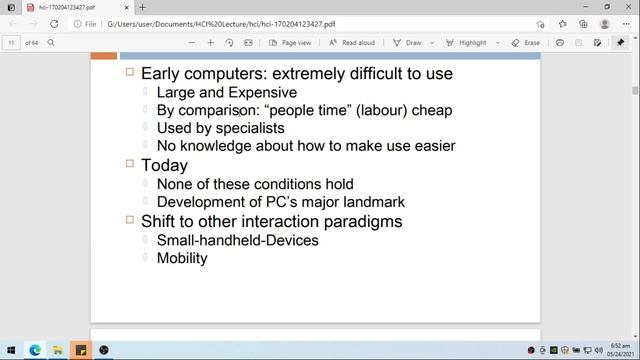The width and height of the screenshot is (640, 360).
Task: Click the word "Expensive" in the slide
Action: (x=264, y=92)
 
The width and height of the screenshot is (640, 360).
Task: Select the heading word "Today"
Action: (x=164, y=165)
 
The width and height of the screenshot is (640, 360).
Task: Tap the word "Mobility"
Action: (x=182, y=257)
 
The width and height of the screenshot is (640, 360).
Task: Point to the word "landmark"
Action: (x=364, y=201)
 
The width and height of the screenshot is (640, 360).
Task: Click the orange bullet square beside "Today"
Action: (x=130, y=164)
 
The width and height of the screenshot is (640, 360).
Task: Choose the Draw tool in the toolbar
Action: (x=407, y=43)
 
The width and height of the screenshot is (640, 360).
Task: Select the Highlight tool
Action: (x=467, y=43)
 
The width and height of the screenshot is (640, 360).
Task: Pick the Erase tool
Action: (x=526, y=43)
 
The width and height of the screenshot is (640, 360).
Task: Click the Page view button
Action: (x=290, y=43)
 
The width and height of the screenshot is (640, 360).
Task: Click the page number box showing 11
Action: (x=12, y=43)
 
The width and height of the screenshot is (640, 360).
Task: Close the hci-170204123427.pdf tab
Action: (x=118, y=7)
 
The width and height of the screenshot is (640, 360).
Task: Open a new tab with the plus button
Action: (x=142, y=7)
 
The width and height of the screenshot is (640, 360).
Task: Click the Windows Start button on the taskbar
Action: (x=11, y=350)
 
